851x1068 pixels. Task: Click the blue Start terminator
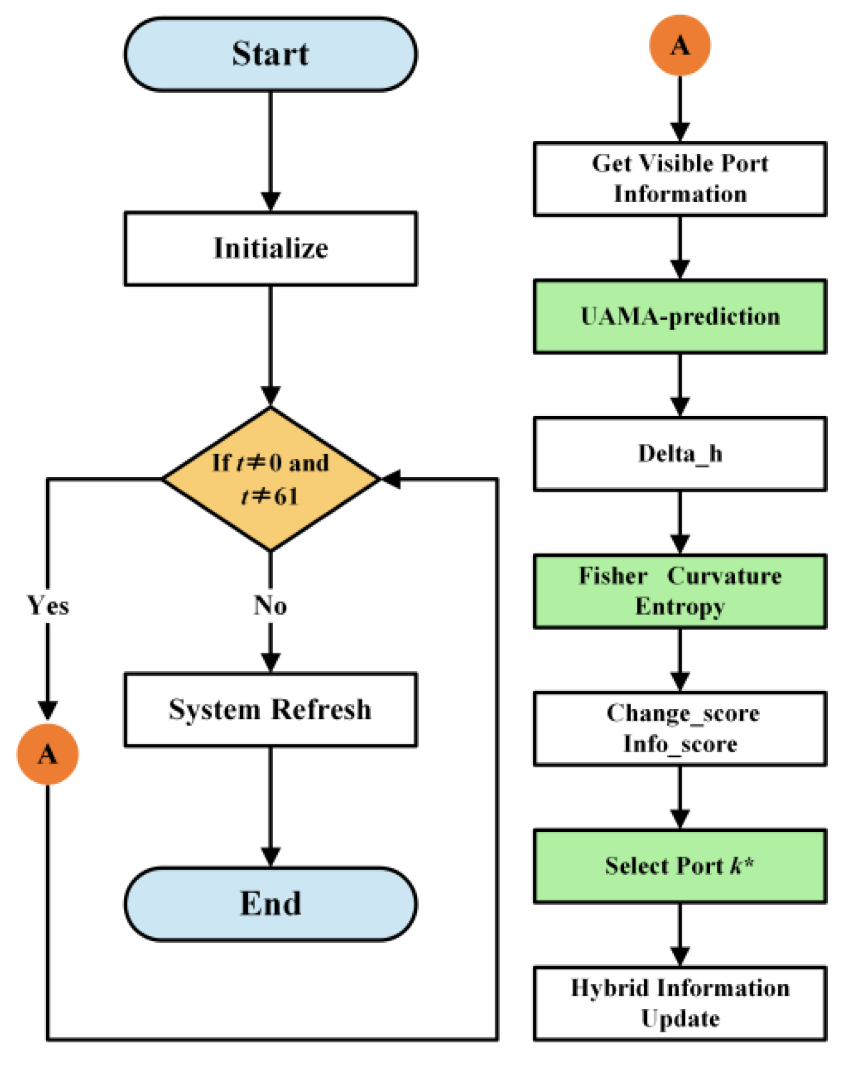click(270, 54)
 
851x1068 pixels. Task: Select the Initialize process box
click(270, 248)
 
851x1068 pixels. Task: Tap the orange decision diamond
click(270, 479)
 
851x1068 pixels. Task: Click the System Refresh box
click(270, 709)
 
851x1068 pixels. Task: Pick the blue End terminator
click(270, 903)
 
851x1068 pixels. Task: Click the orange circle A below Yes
click(47, 754)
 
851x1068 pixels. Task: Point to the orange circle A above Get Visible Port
click(679, 46)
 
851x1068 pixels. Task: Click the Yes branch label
click(48, 605)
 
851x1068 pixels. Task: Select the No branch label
click(270, 605)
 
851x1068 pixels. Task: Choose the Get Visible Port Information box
click(679, 179)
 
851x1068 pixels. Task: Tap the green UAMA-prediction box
click(679, 316)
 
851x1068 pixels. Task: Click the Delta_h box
click(679, 454)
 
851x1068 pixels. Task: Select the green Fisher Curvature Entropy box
click(679, 591)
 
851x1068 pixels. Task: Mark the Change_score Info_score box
click(679, 728)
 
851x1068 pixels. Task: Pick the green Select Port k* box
click(679, 866)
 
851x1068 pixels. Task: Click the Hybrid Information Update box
click(679, 1003)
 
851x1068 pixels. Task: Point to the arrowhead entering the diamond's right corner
click(390, 479)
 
